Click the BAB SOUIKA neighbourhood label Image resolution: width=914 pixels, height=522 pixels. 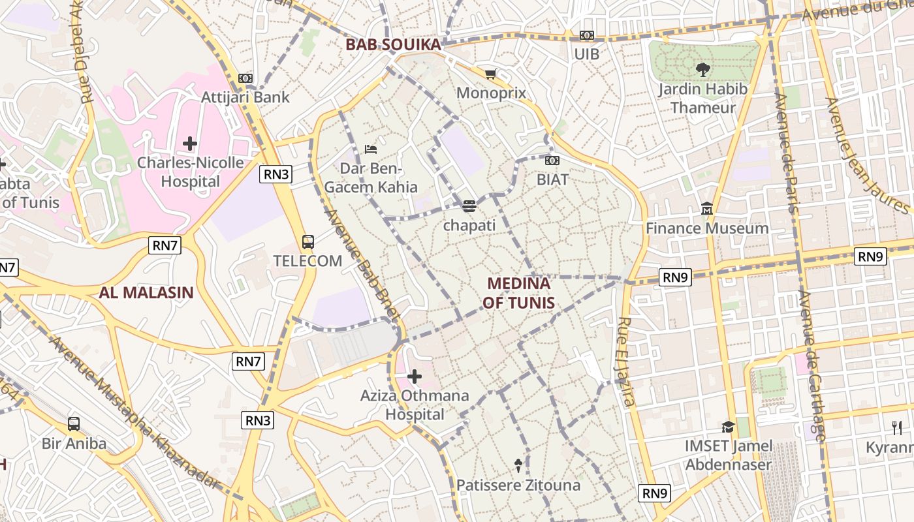tap(393, 44)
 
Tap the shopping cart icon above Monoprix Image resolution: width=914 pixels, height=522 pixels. tap(490, 74)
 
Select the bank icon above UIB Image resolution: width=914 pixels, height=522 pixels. tap(586, 36)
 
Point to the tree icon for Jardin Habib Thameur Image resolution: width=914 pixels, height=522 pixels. tap(702, 69)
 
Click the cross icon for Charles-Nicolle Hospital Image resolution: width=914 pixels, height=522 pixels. tap(190, 144)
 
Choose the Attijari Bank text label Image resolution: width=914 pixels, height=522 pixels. tap(245, 97)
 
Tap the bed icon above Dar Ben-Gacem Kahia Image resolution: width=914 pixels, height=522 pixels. tap(371, 149)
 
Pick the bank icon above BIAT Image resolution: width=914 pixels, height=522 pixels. tap(552, 161)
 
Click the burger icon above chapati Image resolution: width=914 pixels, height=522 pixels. tap(469, 207)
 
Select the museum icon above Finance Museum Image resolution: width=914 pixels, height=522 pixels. tap(707, 209)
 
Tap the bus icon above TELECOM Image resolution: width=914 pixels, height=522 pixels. tap(307, 242)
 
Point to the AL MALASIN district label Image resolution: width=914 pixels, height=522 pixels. tap(146, 292)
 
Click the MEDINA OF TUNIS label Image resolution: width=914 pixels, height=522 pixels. tap(519, 293)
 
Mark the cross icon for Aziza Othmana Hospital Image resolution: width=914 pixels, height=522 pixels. tap(415, 376)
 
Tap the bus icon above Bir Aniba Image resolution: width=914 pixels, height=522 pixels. tap(74, 424)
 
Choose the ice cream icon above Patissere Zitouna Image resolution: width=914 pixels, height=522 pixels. tap(518, 465)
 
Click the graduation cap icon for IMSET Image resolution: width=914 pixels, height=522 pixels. tap(728, 427)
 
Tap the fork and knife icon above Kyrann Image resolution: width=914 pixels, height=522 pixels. tap(897, 428)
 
